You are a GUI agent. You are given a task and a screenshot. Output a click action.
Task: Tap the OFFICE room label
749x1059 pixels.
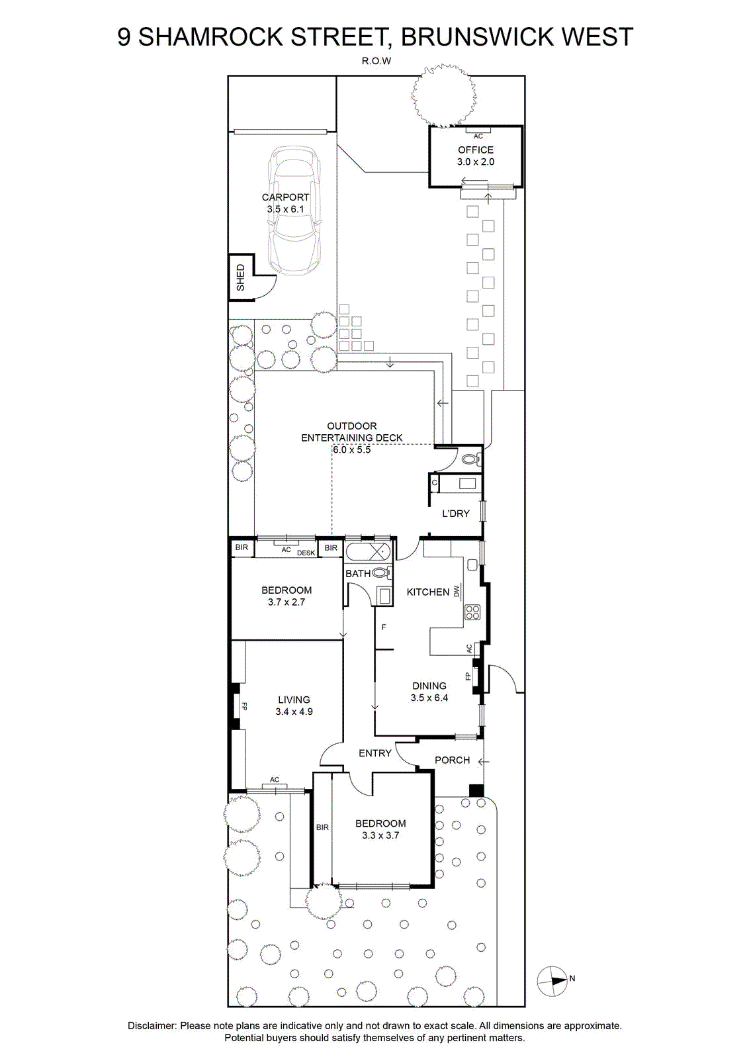point(475,150)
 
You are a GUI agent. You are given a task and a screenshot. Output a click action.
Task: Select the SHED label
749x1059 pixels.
point(241,277)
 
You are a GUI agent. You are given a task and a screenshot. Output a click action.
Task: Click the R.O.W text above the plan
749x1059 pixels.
point(376,61)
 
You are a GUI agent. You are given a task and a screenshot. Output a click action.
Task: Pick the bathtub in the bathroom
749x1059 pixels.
point(368,552)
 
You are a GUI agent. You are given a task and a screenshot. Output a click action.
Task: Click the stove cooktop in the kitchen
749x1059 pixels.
point(472,612)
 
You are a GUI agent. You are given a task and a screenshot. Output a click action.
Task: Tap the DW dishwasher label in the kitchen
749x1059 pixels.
point(457,591)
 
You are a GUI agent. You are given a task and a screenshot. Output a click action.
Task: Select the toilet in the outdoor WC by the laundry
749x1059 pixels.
point(471,459)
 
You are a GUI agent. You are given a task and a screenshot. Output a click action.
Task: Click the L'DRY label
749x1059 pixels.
point(455,514)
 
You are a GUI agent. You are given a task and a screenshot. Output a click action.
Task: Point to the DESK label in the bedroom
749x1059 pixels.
point(306,553)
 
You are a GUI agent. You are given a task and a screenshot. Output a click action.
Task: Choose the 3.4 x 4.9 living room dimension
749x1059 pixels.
point(294,712)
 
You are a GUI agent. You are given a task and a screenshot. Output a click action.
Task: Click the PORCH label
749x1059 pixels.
point(452,760)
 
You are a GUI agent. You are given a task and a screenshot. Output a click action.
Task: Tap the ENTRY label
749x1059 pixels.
point(374,753)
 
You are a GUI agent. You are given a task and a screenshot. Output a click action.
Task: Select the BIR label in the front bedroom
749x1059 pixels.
point(322,827)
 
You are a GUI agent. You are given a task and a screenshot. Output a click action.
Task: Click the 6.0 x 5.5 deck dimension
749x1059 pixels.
point(351,449)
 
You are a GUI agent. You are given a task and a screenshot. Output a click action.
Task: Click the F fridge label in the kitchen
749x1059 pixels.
point(384,627)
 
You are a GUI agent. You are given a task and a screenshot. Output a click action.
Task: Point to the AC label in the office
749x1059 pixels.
point(478,136)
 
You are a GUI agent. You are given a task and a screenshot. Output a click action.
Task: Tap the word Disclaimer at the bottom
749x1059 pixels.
point(152,1026)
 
